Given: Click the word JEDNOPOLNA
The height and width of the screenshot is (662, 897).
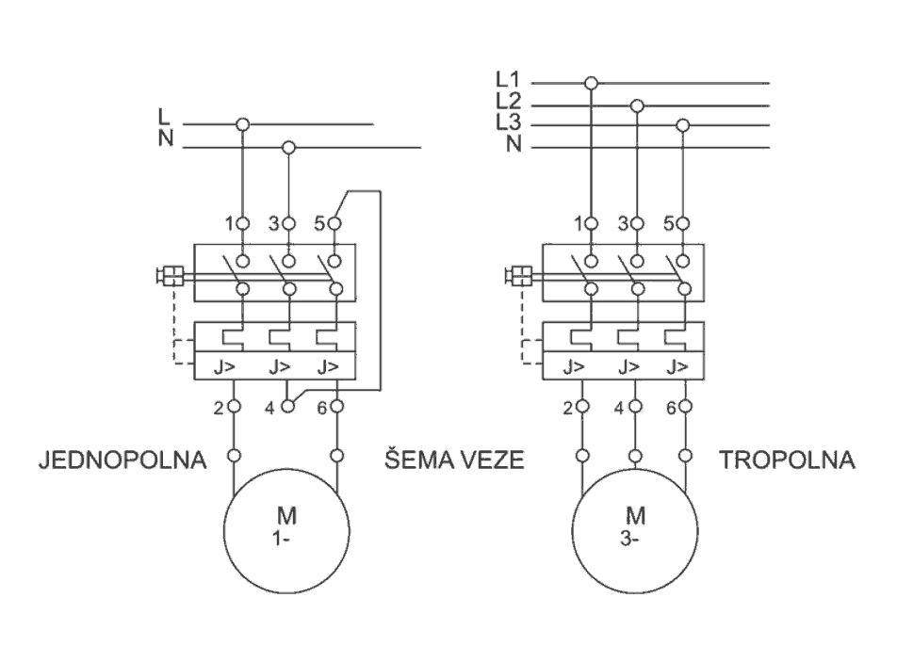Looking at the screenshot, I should click(x=122, y=461).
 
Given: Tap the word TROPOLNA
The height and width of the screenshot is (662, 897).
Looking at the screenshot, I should click(x=787, y=461).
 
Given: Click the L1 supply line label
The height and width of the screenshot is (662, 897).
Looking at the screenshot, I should click(x=508, y=81).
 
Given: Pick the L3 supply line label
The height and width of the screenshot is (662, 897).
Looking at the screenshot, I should click(x=508, y=123).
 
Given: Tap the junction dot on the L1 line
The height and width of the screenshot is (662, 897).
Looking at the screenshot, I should click(x=591, y=83).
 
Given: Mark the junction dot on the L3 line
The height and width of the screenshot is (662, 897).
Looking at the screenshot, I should click(x=684, y=125).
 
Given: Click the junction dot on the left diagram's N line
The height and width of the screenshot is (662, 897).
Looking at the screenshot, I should click(x=289, y=147).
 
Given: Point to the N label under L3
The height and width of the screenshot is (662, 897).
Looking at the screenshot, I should click(x=513, y=144).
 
